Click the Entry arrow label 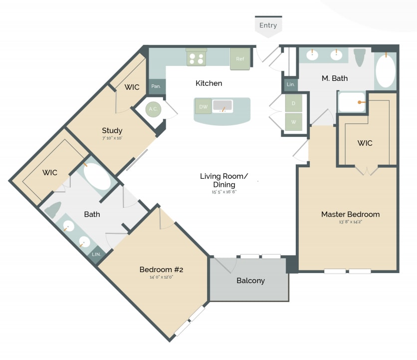268,25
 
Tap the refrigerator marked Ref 240,59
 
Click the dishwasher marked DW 203,106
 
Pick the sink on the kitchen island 222,106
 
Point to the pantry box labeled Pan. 156,86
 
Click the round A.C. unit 153,109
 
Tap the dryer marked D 293,103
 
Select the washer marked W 293,121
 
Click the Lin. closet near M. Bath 291,85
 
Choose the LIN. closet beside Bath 96,254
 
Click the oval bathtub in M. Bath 385,72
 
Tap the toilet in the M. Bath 359,57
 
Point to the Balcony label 250,281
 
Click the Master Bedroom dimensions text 350,222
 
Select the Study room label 112,131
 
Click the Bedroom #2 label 162,270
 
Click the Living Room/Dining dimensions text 223,191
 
